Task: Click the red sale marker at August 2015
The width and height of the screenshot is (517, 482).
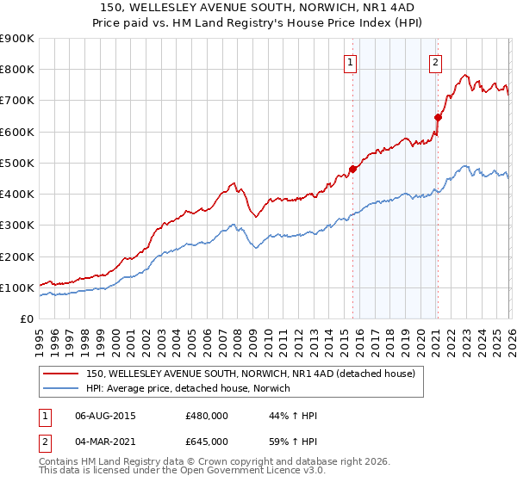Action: [352, 169]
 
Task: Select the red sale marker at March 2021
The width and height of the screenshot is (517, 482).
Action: [438, 117]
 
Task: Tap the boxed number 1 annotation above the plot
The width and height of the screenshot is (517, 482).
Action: [352, 61]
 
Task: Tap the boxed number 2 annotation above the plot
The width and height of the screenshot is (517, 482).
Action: [436, 61]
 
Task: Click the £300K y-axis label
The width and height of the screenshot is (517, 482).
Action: [17, 226]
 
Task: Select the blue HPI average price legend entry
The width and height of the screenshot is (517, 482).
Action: [188, 389]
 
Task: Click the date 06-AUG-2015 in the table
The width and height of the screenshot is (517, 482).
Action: [105, 416]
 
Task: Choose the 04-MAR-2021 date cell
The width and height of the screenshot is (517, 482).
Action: [105, 442]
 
